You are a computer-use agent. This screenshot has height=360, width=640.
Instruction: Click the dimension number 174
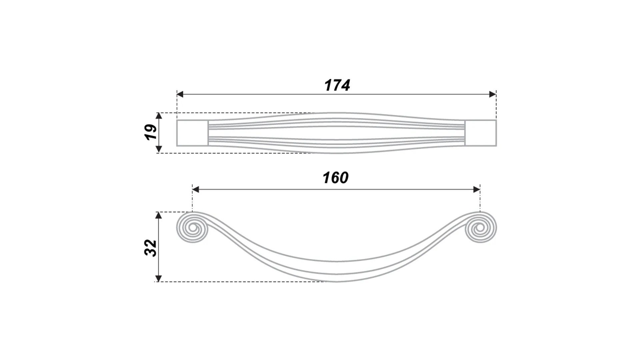pyautogui.click(x=337, y=85)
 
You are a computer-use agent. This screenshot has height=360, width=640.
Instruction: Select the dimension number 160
pyautogui.click(x=335, y=178)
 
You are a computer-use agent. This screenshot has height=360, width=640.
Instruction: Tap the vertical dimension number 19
pyautogui.click(x=151, y=132)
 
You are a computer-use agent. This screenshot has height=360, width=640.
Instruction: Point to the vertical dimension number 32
pyautogui.click(x=151, y=248)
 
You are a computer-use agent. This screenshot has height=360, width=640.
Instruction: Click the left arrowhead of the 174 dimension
pyautogui.click(x=180, y=94)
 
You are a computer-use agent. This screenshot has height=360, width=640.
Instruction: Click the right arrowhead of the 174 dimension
pyautogui.click(x=492, y=94)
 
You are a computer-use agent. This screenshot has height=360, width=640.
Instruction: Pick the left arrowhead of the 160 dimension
pyautogui.click(x=196, y=190)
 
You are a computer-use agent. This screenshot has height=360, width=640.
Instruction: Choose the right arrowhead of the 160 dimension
pyautogui.click(x=477, y=190)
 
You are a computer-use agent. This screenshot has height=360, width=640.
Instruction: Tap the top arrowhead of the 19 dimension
pyautogui.click(x=159, y=116)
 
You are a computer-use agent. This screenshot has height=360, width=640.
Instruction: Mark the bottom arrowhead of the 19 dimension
pyautogui.click(x=159, y=149)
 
